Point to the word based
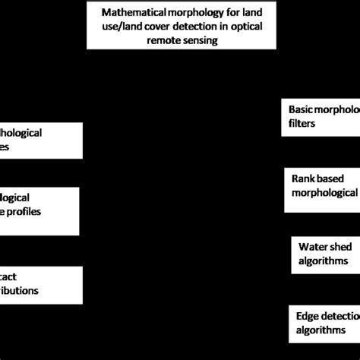pyautogui.click(x=336, y=178)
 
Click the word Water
pyautogui.click(x=313, y=247)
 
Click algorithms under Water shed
pyautogui.click(x=324, y=261)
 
